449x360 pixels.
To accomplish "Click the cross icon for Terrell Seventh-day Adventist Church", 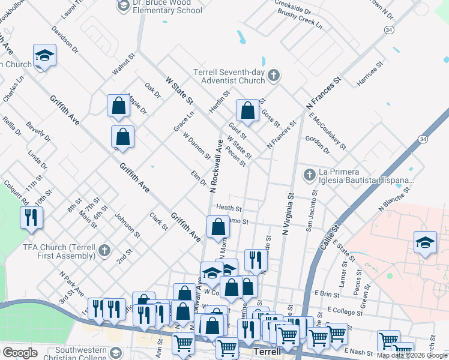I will point(274,76).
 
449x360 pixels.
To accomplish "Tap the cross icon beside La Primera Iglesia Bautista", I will point(310,175).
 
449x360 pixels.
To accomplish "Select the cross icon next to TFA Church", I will point(104,250).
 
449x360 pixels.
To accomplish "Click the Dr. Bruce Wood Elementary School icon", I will point(123,5).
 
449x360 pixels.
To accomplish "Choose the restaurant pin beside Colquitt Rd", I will point(32,217).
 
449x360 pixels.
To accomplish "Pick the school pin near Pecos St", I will point(425,244).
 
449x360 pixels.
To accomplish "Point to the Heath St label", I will point(229,208).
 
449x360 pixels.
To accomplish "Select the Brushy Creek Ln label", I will point(300,23).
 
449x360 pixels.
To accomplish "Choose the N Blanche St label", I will point(394,199).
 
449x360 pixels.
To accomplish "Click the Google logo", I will point(20,353).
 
